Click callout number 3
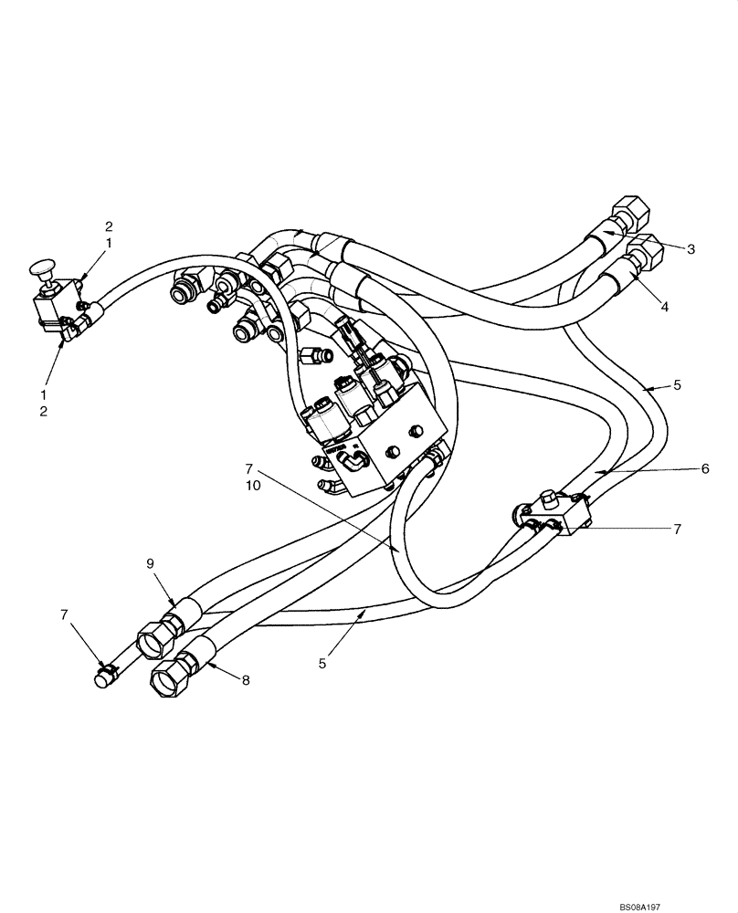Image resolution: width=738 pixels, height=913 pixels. (691, 247)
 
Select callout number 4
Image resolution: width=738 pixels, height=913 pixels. (665, 307)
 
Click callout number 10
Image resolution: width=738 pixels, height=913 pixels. (253, 486)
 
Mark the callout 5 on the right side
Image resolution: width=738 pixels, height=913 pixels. (677, 385)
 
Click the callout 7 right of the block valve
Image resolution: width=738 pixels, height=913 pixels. (677, 529)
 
